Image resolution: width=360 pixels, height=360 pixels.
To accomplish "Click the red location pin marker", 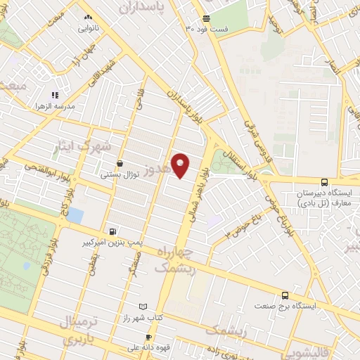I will tap(181, 165).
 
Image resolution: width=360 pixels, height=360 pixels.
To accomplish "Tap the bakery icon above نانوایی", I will tap(87, 18).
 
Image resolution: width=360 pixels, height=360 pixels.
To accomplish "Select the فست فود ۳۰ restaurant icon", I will tap(205, 19).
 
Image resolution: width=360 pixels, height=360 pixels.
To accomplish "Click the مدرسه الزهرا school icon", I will tap(54, 96).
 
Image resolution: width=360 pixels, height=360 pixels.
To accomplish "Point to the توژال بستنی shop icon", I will tap(120, 163).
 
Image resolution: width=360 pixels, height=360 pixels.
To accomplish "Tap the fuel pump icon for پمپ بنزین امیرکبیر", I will tap(112, 231).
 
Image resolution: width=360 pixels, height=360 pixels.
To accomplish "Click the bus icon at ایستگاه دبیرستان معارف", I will tap(323, 181).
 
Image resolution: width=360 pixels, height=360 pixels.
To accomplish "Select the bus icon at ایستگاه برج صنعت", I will tap(285, 296).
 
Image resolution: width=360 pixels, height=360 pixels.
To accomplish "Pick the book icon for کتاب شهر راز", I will tap(144, 307).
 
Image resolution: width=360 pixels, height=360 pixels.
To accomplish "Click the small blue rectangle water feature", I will tap(75, 214).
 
